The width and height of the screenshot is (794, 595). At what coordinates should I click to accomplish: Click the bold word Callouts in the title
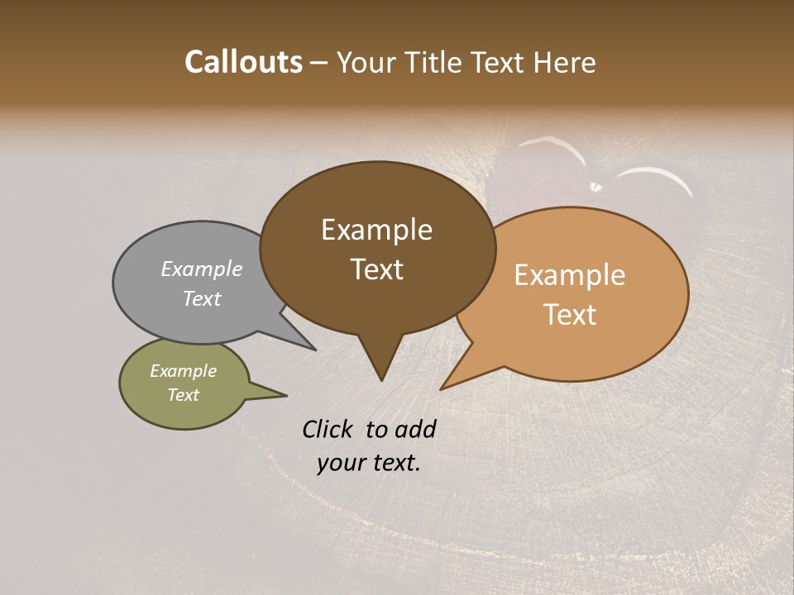tap(243, 62)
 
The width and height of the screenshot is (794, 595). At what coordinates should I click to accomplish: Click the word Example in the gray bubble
tap(202, 269)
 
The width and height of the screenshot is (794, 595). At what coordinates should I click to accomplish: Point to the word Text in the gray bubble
tap(202, 298)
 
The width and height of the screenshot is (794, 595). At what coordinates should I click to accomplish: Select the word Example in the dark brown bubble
tap(376, 230)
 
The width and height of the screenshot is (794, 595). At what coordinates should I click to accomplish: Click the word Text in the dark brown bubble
tap(376, 269)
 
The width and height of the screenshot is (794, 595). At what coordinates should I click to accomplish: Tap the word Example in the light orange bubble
tap(570, 275)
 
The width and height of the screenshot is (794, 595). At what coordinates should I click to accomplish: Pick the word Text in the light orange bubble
tap(570, 315)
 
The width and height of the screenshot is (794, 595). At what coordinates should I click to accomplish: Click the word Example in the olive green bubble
tap(183, 371)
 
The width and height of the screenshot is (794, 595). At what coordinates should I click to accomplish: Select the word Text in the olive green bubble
tap(183, 395)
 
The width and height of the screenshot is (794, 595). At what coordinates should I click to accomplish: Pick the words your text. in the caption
tap(368, 463)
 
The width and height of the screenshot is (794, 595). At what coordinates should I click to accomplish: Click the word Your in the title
tap(367, 62)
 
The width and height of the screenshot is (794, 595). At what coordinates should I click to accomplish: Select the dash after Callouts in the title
tap(319, 63)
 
